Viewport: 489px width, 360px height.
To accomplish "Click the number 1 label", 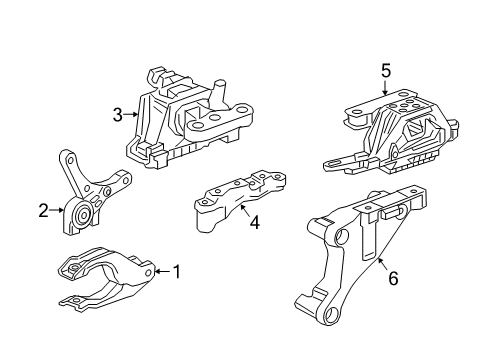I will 177,270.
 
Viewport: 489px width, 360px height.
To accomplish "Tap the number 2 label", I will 43,210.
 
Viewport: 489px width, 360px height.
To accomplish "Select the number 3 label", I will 118,115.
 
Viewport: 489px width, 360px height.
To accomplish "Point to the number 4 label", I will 254,223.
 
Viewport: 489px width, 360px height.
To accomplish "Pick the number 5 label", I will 384,72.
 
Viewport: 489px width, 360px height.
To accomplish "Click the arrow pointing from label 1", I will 162,270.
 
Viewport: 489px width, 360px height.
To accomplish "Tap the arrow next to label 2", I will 57,210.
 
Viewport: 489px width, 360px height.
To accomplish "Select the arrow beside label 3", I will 131,115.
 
